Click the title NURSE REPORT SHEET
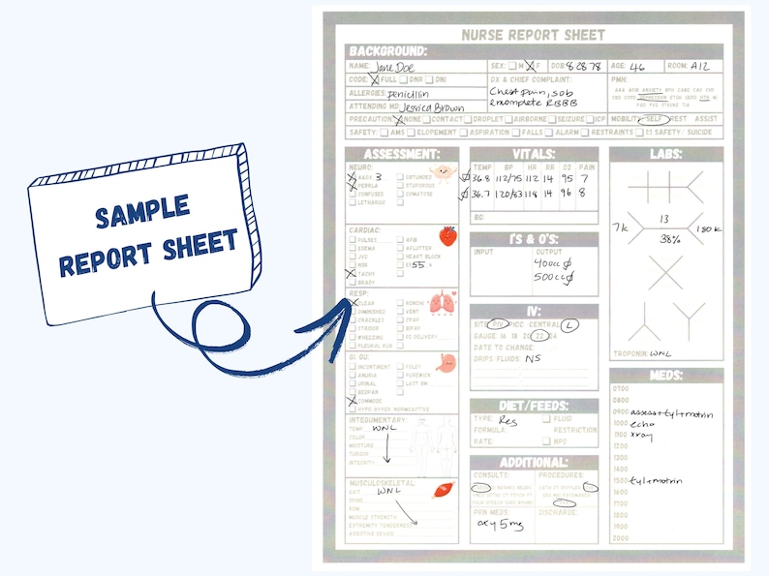click(x=535, y=34)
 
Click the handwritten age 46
click(x=635, y=67)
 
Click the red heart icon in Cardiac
click(x=446, y=236)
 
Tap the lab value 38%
click(x=663, y=238)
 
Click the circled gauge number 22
click(x=540, y=335)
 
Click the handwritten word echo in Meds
click(x=642, y=424)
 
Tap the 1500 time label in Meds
click(x=621, y=481)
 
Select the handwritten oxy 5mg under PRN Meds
click(x=500, y=523)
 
